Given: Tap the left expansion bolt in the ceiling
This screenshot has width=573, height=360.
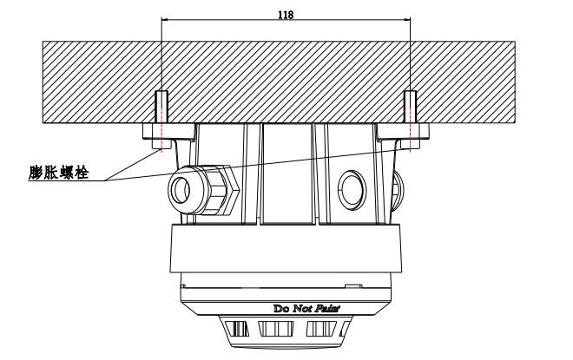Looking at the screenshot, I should click(161, 106).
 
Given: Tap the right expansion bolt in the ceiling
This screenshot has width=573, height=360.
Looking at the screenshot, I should click(411, 106).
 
